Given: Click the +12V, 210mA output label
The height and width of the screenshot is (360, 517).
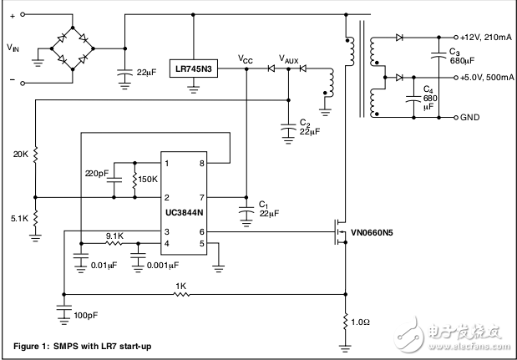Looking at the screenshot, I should tap(483, 38).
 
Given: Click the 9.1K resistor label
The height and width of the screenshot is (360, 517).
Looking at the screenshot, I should tap(114, 236).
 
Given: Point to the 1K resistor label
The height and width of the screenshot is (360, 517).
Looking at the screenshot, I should tap(180, 286).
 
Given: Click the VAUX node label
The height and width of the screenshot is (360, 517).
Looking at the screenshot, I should tap(290, 60).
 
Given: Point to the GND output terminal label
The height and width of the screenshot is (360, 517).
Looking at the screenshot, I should tap(470, 117).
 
